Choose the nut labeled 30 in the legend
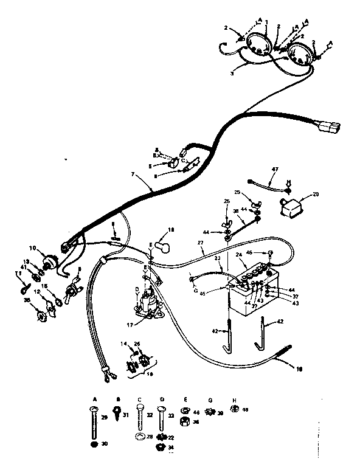(x=94, y=445)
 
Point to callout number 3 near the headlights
(x=232, y=72)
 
